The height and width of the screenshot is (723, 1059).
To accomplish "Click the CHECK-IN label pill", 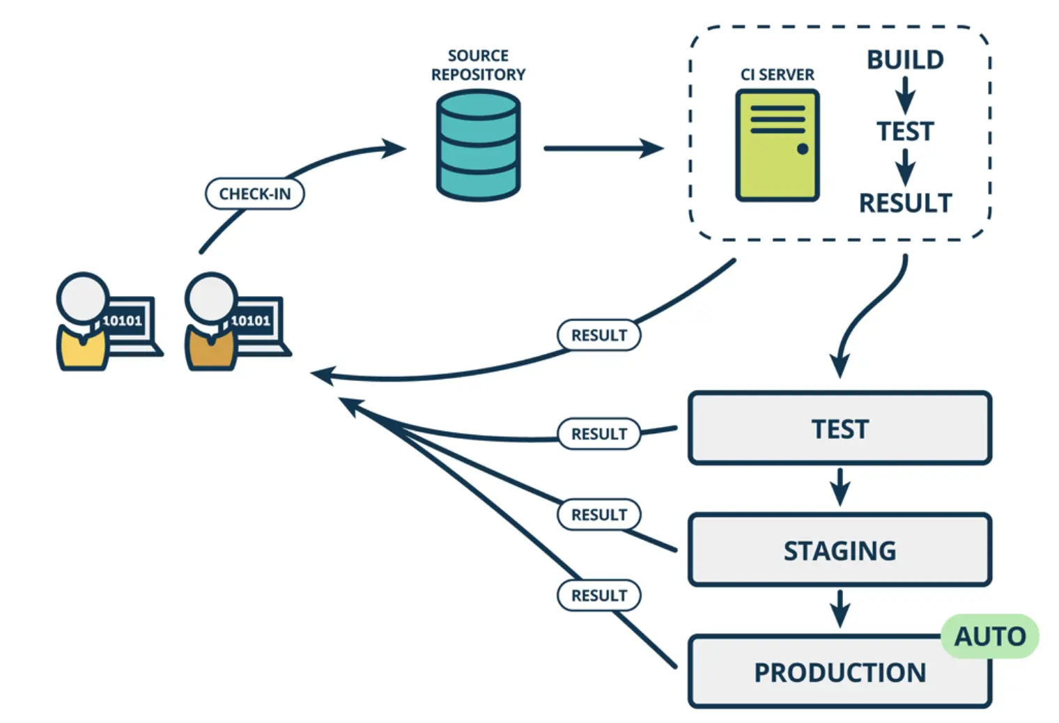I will pyautogui.click(x=254, y=194).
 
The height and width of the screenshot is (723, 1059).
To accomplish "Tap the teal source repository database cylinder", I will pyautogui.click(x=478, y=146).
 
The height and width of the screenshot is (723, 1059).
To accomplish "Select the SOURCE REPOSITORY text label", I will pyautogui.click(x=478, y=65).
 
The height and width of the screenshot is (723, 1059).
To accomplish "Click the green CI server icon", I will pyautogui.click(x=777, y=146).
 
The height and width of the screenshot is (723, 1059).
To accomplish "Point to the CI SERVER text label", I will pyautogui.click(x=777, y=75).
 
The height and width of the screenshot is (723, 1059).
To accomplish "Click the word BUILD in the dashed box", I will pyautogui.click(x=905, y=60).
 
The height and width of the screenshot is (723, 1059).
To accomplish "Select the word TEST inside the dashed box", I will pyautogui.click(x=905, y=132).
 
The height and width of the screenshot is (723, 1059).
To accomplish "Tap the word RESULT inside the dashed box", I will pyautogui.click(x=905, y=203).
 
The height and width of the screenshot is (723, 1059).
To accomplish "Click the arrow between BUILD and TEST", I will pyautogui.click(x=905, y=95).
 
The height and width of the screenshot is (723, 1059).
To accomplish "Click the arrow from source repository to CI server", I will pyautogui.click(x=603, y=148).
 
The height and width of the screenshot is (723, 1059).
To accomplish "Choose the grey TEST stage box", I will pyautogui.click(x=840, y=428).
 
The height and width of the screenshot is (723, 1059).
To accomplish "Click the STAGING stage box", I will pyautogui.click(x=840, y=550).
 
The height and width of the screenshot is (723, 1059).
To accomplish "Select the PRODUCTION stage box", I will pyautogui.click(x=840, y=672).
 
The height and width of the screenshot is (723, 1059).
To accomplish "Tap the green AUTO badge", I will pyautogui.click(x=989, y=636).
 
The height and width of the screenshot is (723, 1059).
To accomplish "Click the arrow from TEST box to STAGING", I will pyautogui.click(x=840, y=487).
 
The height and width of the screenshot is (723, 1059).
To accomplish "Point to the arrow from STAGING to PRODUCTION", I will pyautogui.click(x=840, y=609).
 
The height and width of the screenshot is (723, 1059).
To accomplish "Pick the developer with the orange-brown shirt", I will pyautogui.click(x=211, y=322).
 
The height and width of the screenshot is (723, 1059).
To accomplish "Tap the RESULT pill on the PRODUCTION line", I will pyautogui.click(x=599, y=596).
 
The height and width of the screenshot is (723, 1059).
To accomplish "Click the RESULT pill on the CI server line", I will pyautogui.click(x=599, y=335).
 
